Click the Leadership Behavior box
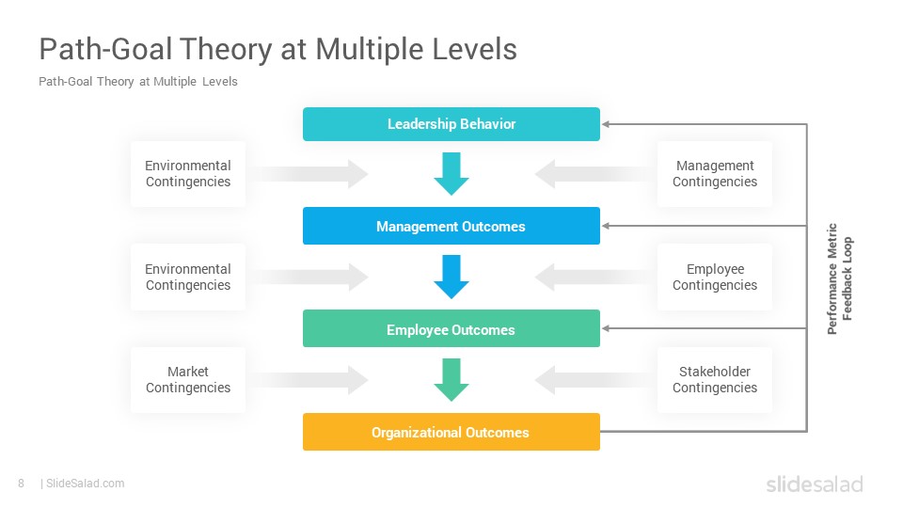(451, 124)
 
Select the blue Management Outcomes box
(451, 226)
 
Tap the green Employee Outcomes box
(451, 328)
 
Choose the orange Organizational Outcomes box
(451, 432)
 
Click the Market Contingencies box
(188, 379)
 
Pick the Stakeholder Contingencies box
(715, 379)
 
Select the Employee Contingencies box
(715, 277)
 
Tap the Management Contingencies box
(715, 173)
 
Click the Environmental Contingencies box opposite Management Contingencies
(188, 173)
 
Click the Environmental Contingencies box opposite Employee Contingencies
(188, 277)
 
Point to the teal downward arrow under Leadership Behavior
(451, 174)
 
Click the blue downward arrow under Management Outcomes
(451, 277)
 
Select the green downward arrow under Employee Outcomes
(451, 380)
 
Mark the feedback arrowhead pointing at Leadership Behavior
(605, 124)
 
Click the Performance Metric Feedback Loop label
(840, 278)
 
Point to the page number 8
(22, 484)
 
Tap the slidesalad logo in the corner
(815, 484)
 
